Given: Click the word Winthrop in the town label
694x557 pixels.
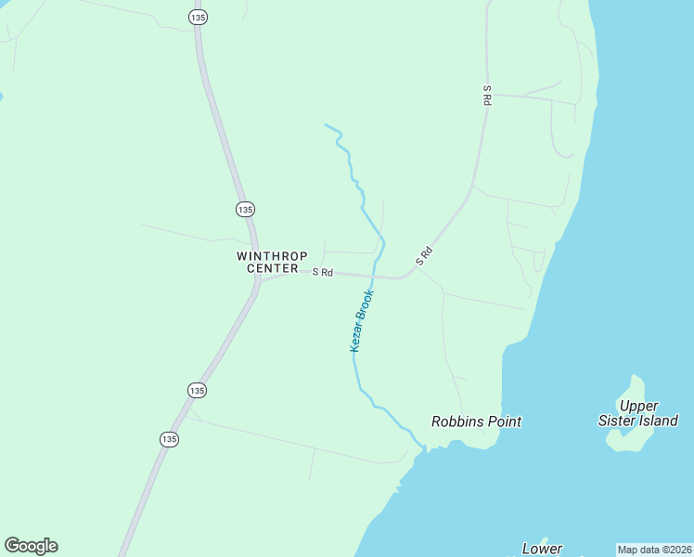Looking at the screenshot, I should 267,255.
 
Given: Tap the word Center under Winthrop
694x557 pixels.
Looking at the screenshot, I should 273,268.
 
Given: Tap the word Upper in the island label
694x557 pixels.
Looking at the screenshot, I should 639,406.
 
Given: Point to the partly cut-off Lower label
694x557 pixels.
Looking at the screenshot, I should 542,549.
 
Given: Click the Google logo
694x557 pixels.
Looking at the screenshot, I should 31,546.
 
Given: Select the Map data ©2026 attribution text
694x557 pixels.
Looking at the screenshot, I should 654,550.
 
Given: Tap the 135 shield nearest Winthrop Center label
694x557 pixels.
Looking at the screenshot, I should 245,209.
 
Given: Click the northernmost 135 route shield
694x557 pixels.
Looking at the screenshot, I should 197,17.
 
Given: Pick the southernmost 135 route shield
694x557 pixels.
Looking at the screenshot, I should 168,438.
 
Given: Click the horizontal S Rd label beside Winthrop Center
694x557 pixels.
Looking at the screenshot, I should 322,272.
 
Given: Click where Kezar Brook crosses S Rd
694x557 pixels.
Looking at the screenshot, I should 373,275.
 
